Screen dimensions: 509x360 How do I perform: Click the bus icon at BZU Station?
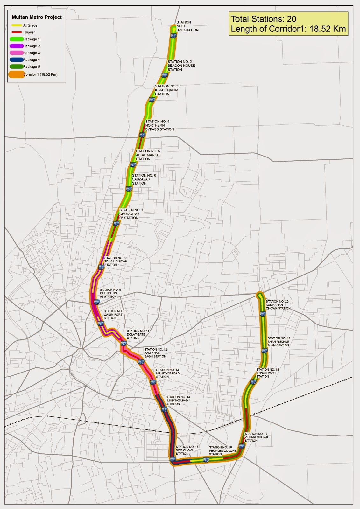(x=173, y=36)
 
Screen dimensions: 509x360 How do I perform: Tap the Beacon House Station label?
(x=181, y=66)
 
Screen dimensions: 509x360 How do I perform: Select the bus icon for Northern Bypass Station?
(x=142, y=135)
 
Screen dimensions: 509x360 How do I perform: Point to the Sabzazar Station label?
(x=144, y=179)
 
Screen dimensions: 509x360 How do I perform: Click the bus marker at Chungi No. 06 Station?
(x=116, y=223)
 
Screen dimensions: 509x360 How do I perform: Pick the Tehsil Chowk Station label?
(x=116, y=261)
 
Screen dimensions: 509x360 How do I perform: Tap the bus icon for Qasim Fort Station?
(x=101, y=324)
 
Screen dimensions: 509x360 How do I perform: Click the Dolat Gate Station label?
(x=138, y=334)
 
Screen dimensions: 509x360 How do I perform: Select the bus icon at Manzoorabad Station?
(x=153, y=382)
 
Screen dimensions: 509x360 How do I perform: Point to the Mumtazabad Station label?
(x=179, y=401)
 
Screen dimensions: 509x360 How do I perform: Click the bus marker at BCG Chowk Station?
(x=173, y=459)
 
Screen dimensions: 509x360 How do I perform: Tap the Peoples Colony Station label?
(x=222, y=451)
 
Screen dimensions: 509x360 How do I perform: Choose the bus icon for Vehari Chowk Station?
(x=242, y=446)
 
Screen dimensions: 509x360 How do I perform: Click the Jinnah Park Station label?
(x=267, y=373)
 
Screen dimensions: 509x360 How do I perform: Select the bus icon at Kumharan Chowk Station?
(x=263, y=314)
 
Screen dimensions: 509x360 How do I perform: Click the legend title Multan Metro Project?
(x=37, y=17)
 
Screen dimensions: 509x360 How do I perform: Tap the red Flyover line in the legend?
(x=17, y=32)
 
